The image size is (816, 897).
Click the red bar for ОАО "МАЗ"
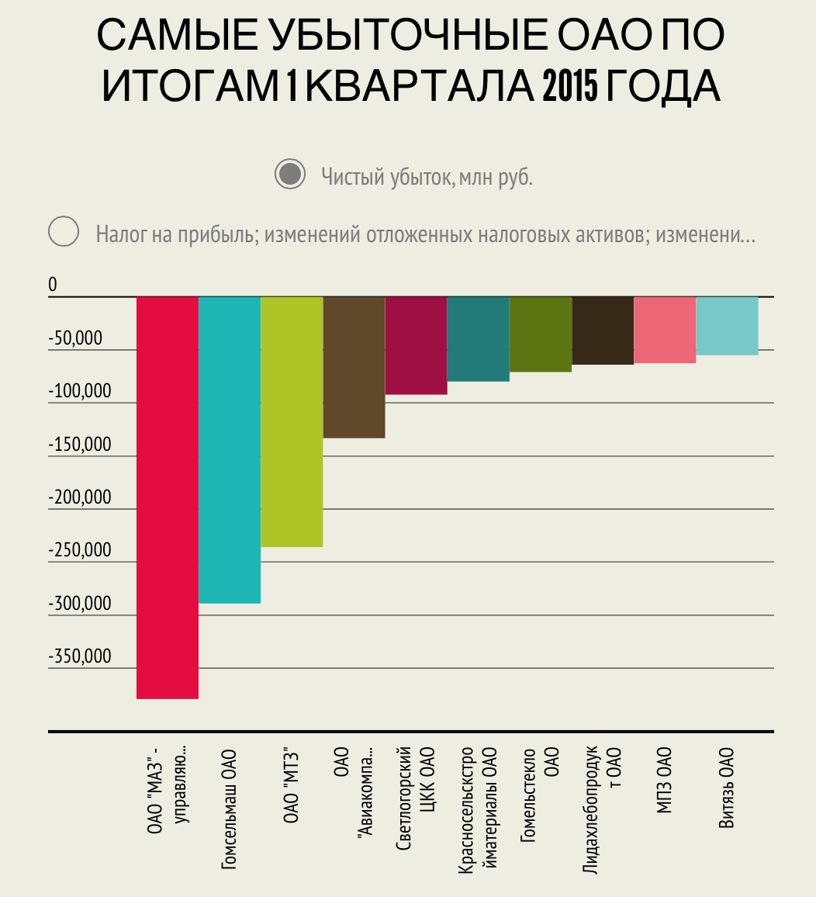point(168,497)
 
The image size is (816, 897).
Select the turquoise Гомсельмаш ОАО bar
point(230,450)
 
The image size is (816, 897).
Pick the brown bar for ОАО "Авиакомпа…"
point(354,367)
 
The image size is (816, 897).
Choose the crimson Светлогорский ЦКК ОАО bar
point(416,345)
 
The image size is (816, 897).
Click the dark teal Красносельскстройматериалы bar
point(478,339)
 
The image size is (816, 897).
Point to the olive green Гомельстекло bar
point(541,334)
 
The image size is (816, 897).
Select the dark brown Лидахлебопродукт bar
point(603,331)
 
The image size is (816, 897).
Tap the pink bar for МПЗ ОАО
point(665,330)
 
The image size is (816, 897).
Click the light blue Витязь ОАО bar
point(727,326)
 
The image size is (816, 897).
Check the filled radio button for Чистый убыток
point(291,175)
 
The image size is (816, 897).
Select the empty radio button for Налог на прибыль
point(64,232)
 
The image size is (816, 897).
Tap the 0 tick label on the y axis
point(53,286)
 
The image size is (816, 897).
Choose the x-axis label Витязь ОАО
point(727,788)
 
